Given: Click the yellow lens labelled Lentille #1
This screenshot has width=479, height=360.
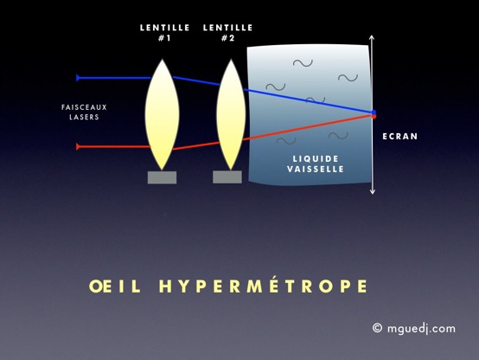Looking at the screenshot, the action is tap(162, 115).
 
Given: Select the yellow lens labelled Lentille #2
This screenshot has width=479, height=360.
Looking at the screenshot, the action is tap(231, 115).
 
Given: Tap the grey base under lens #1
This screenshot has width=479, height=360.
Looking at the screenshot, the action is tap(162, 177).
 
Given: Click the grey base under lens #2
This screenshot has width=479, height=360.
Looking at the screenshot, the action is tap(227, 177).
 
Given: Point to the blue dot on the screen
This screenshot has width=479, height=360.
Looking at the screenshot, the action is tap(374, 112).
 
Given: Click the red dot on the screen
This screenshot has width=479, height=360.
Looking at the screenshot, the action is tap(374, 116).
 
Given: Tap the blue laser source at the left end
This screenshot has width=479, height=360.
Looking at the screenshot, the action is tap(78, 78).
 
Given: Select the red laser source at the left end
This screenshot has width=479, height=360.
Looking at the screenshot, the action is tap(78, 147).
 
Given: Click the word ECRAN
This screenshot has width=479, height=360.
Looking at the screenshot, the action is tap(399, 137).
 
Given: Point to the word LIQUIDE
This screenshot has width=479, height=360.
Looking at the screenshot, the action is tap(316, 158).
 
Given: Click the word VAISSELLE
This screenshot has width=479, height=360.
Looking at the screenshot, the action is tap(316, 169).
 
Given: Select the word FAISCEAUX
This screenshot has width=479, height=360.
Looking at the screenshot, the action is tap(84, 107).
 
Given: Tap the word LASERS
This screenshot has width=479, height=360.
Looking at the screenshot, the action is tap(84, 117).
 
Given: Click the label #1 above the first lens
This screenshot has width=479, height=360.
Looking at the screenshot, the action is tap(164, 38).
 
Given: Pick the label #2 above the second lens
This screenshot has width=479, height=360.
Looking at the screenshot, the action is tap(227, 38).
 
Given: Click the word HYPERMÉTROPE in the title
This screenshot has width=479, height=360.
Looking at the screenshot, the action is tap(263, 286).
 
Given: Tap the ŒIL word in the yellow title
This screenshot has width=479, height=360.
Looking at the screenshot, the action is tap(114, 286).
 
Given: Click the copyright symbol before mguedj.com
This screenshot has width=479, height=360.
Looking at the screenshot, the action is tap(377, 328).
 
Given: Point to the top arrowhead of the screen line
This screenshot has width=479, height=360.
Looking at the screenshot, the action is tap(372, 37).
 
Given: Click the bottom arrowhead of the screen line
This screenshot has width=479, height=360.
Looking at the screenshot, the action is tap(372, 191).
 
